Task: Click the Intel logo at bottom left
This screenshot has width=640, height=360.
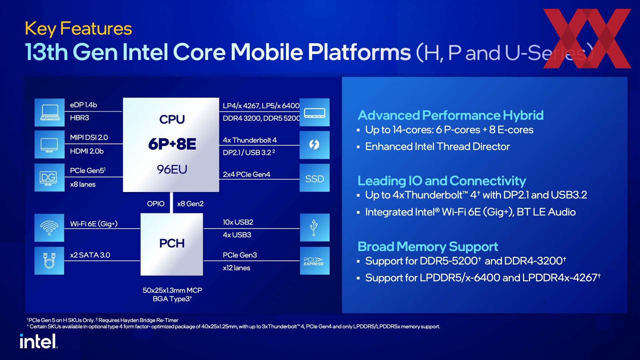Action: coord(38,341)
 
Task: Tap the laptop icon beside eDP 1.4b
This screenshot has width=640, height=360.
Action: coord(50,112)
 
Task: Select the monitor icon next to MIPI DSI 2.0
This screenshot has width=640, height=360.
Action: coord(49,145)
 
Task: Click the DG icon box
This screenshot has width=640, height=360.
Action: coord(49,178)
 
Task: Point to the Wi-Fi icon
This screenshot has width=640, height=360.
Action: coord(49,228)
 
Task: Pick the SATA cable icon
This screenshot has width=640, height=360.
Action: coord(49,261)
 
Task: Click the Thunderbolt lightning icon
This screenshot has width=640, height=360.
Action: coord(314,145)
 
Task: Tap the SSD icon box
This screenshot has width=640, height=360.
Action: coord(314,178)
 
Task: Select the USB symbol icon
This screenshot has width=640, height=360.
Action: coord(314,228)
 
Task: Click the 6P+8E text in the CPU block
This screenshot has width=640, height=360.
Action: coord(172,144)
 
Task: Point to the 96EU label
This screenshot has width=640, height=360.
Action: coord(172,170)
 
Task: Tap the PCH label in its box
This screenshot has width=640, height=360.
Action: coord(172,243)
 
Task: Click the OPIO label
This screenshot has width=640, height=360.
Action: coord(156,204)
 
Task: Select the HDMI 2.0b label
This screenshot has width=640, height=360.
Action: coord(87,151)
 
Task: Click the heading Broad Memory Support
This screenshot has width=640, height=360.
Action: coord(428,247)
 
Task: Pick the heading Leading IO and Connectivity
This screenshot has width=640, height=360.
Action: coord(442,181)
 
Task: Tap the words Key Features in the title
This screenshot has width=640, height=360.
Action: coord(78,29)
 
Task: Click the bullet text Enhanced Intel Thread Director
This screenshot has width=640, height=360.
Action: coord(437,147)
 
